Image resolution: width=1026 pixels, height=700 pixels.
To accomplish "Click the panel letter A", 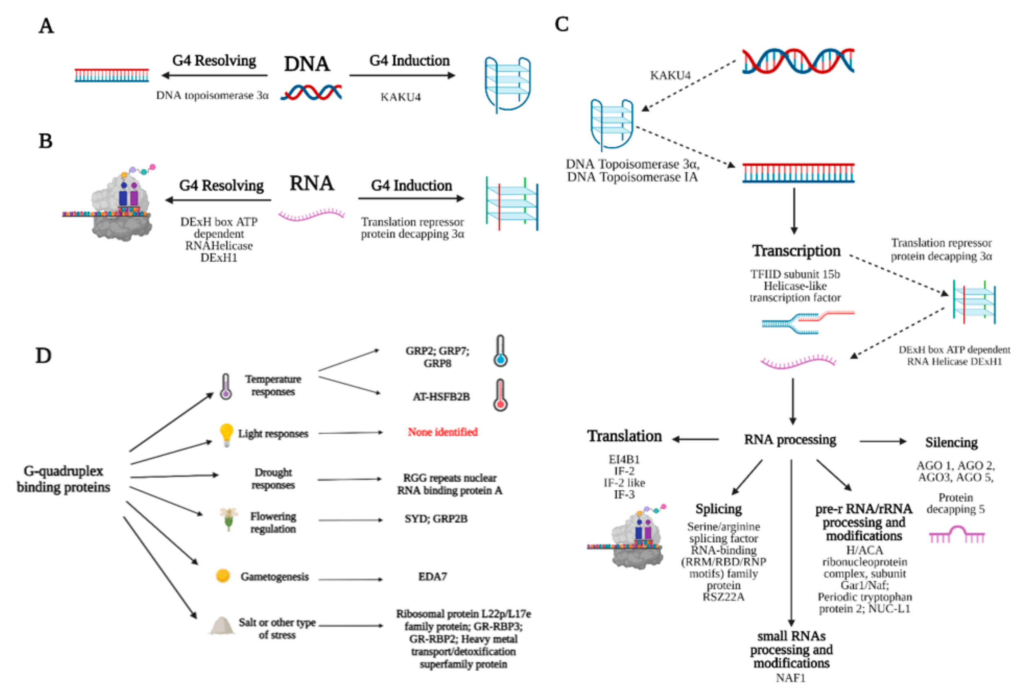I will tap(46, 26).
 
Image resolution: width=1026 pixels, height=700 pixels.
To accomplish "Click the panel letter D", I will tap(43, 355).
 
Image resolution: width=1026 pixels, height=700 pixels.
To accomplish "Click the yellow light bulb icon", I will tap(226, 434).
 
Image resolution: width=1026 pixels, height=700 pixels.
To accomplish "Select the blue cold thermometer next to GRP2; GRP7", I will tap(500, 351).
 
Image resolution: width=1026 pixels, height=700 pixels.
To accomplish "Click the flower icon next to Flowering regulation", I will tap(229, 518).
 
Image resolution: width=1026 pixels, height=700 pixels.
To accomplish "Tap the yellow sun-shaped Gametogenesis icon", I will tap(223, 576).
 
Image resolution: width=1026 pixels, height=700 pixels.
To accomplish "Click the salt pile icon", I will tap(222, 625).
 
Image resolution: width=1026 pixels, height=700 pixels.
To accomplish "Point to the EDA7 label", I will tap(432, 577).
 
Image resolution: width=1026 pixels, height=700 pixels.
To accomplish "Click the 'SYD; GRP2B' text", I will tap(436, 519).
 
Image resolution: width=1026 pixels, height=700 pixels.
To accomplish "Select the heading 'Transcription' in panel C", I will tap(796, 250).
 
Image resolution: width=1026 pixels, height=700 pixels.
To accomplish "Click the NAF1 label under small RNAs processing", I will tap(791, 678).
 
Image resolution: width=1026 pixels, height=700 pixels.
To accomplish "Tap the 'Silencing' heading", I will tap(951, 442).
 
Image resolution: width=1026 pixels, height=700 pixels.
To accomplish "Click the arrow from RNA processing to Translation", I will tap(695, 439).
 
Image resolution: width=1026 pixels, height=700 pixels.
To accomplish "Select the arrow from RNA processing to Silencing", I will tap(882, 441).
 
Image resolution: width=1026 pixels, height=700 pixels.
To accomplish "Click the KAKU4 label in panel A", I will tap(400, 97).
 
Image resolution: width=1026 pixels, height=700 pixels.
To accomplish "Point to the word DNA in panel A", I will tap(307, 64).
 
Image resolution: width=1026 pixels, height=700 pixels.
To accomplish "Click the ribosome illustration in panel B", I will tap(120, 205).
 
